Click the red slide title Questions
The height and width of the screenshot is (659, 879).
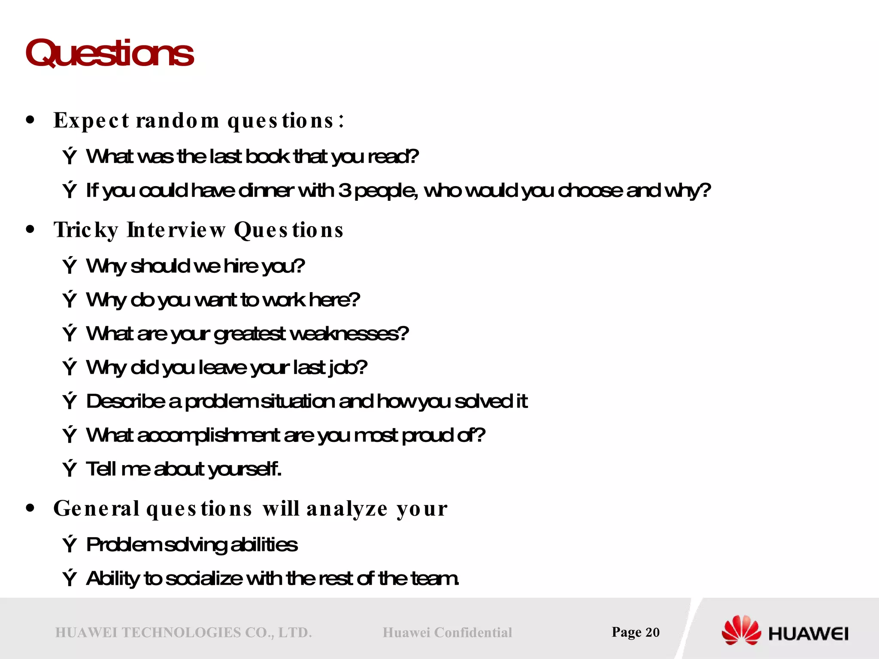click(x=109, y=53)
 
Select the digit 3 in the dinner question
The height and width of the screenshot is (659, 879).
click(x=344, y=190)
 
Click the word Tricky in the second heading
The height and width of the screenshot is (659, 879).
click(x=86, y=230)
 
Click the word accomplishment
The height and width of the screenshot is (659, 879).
click(x=209, y=435)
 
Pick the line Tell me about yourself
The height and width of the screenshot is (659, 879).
click(x=184, y=469)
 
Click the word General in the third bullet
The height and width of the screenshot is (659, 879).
click(x=97, y=509)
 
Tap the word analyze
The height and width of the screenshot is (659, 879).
click(x=347, y=509)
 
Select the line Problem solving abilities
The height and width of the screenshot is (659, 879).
click(x=191, y=545)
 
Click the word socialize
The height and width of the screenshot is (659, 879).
click(x=204, y=579)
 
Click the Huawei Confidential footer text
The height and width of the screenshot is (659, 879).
click(x=447, y=632)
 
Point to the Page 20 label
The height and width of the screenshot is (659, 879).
click(x=635, y=632)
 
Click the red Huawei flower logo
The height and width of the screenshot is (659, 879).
click(x=741, y=630)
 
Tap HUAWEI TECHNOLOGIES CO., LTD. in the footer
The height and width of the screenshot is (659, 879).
click(x=183, y=632)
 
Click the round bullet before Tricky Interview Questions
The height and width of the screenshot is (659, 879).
click(x=30, y=229)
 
